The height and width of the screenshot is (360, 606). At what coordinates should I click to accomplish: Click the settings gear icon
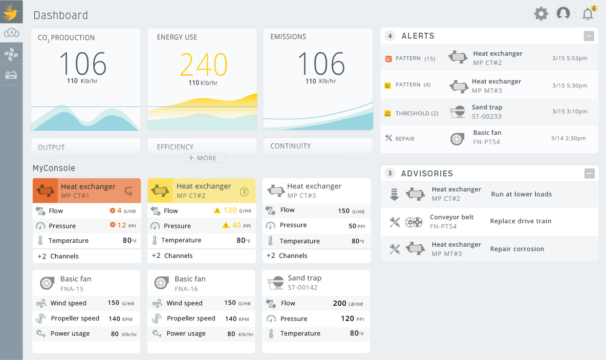point(541,14)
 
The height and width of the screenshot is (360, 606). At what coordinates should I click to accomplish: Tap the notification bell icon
point(587,14)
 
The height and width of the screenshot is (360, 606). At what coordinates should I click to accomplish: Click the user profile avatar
point(563,14)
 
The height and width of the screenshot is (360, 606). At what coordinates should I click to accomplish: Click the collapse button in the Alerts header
point(589,36)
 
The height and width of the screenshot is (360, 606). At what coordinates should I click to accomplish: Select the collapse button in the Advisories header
point(589,173)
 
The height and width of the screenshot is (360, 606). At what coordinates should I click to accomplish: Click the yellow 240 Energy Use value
point(203,64)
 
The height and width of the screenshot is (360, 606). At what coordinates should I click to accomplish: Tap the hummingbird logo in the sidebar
point(11,12)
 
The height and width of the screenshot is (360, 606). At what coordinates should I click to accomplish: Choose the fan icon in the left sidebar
point(11,54)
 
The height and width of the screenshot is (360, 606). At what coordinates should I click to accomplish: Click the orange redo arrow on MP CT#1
point(129,191)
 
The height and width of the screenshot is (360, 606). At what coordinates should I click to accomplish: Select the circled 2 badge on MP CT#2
point(244,191)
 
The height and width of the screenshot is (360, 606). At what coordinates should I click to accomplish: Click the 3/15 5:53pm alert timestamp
point(570,58)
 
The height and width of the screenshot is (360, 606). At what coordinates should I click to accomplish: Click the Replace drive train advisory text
point(520,221)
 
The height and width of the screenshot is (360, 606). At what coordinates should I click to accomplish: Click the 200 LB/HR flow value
point(347,303)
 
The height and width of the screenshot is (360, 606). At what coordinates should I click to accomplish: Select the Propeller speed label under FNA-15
point(75,318)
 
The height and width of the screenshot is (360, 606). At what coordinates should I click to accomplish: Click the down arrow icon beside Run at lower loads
point(394,194)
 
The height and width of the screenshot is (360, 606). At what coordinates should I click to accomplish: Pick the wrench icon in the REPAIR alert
point(389,138)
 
